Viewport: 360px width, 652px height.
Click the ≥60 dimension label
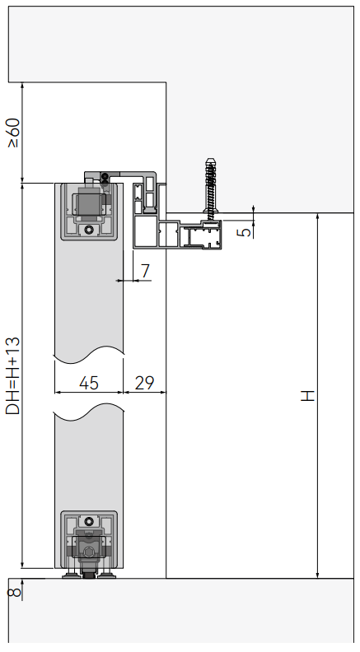(13, 133)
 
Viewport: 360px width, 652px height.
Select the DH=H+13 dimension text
(13, 376)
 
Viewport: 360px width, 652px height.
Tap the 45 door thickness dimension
(89, 383)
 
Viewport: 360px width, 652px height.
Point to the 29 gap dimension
(144, 383)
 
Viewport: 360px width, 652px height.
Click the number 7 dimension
(145, 271)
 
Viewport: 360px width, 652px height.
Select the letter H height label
(308, 396)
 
